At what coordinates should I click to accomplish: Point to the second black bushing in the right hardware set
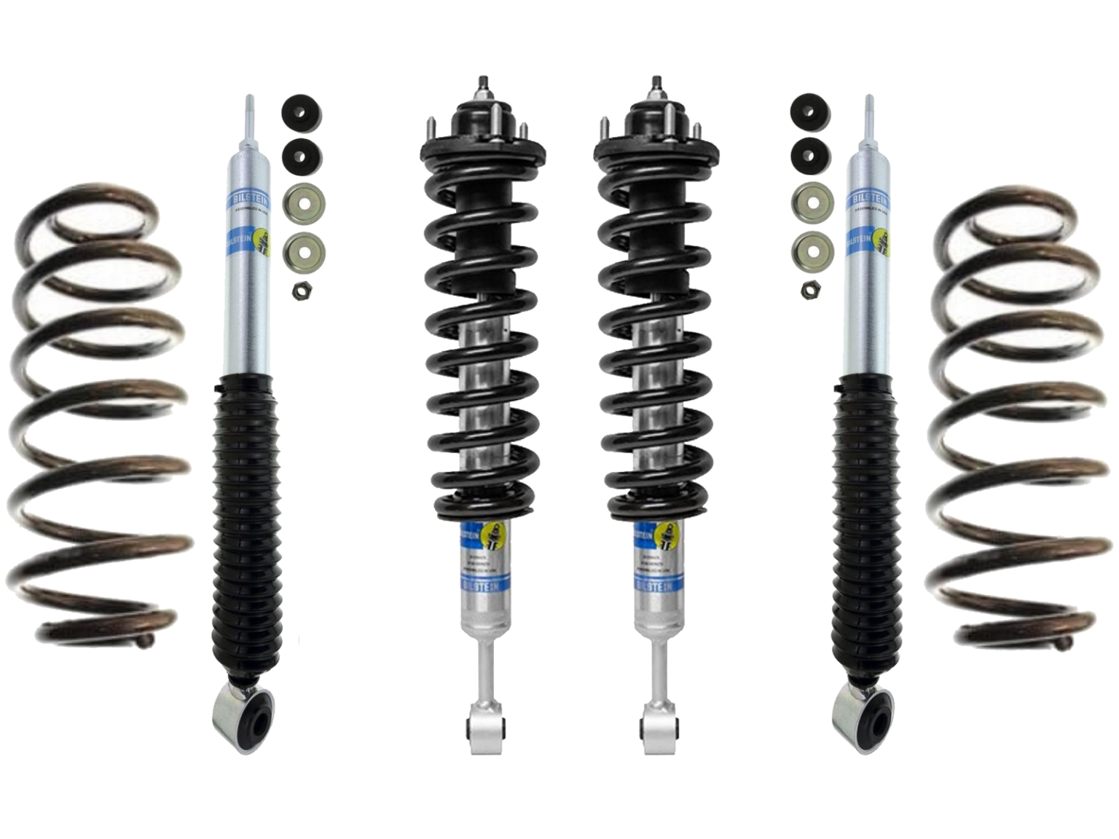click(806, 154)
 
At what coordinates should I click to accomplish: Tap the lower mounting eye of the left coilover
click(482, 728)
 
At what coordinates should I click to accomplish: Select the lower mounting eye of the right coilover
click(656, 728)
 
